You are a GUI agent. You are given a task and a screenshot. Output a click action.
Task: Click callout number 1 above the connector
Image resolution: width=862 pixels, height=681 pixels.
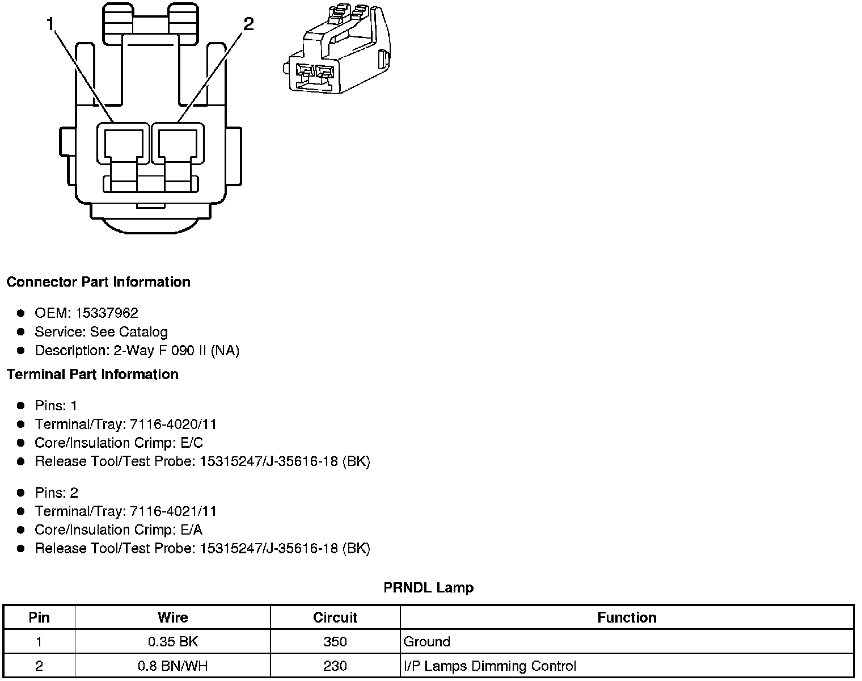tap(50, 24)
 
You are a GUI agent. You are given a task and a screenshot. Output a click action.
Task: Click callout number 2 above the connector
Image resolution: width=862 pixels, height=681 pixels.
tap(248, 24)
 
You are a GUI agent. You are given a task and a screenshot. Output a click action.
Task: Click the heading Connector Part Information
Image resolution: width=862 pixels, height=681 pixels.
tap(99, 282)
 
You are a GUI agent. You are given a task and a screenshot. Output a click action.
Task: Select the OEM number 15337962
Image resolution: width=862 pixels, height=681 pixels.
tap(107, 313)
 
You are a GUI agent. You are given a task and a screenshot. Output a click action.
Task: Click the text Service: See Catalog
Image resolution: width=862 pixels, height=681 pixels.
tap(102, 331)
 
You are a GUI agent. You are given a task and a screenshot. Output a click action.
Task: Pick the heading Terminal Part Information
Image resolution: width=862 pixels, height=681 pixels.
tap(92, 374)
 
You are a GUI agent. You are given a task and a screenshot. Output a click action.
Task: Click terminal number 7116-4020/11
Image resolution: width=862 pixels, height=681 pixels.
tap(174, 424)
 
